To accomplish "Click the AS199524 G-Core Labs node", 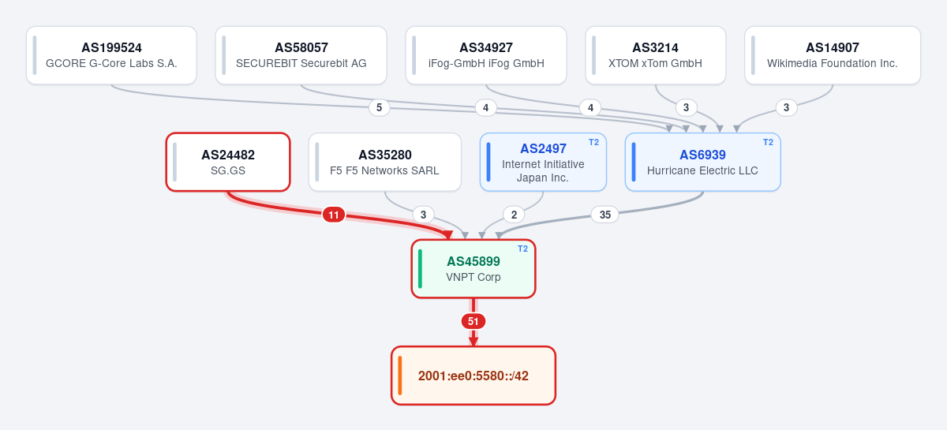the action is point(111,55).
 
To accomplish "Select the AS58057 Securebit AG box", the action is point(301,55).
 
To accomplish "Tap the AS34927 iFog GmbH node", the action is point(486,55).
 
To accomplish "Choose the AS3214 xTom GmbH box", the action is point(655,55).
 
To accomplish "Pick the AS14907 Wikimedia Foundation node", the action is point(833,55).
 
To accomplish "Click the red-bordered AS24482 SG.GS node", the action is point(228,162).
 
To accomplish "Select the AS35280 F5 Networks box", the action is point(385,162).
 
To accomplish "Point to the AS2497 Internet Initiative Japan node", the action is point(543,162).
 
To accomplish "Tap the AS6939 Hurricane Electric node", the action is point(702,162).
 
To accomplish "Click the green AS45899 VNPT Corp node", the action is point(473,269).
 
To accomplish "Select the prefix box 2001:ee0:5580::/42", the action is point(473,376).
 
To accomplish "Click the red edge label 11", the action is point(334,215).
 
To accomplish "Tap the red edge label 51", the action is point(473,321).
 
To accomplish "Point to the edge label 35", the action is point(605,215).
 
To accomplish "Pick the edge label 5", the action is point(380,108).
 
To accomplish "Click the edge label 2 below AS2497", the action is point(514,215).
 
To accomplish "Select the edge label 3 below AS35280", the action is point(423,215).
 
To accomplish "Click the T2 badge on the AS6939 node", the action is point(768,143).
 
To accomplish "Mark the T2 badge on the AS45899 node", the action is point(523,249).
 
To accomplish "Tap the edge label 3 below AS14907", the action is point(786,108).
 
